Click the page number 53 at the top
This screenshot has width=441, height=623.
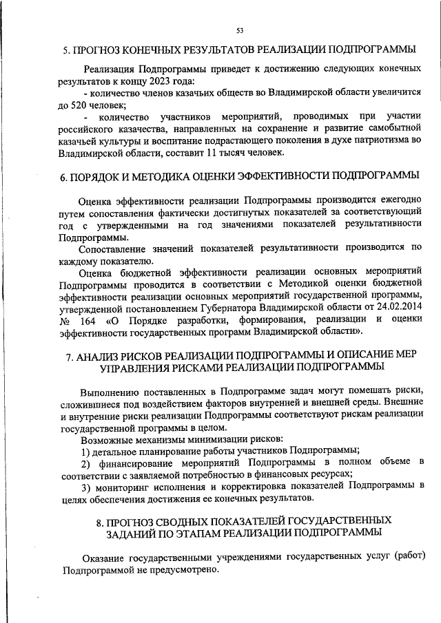click(x=239, y=30)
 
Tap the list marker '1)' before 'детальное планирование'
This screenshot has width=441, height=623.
click(x=85, y=451)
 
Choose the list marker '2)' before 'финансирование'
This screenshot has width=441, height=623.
click(x=86, y=463)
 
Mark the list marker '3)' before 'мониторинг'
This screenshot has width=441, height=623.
click(x=86, y=486)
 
